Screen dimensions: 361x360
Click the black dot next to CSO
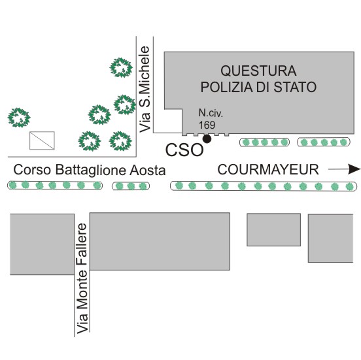point(207,139)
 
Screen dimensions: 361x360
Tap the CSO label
point(184,150)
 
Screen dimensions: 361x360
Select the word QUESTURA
point(258,71)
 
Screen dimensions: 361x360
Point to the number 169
point(207,125)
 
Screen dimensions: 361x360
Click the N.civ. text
point(211,113)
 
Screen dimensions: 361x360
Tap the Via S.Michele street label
point(145,90)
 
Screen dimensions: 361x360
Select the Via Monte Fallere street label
point(82,278)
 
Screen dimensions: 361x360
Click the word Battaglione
point(91,171)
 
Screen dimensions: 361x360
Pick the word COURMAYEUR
point(268,169)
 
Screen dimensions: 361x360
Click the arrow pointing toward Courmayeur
point(344,169)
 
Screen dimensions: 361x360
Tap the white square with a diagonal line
point(42,140)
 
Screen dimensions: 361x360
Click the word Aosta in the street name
point(148,171)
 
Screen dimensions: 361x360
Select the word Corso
point(32,170)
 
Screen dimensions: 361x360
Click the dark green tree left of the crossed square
point(19,118)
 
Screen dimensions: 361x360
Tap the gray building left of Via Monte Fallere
point(42,244)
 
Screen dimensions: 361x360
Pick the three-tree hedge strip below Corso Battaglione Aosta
point(131,186)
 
